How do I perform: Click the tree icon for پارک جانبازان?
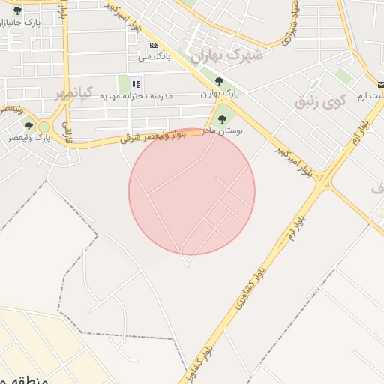coord(17,11)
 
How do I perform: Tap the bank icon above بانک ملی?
coord(154,45)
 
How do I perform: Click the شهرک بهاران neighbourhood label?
coord(226,55)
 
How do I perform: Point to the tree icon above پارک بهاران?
coord(219,81)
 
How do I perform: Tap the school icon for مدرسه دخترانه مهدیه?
coord(136,84)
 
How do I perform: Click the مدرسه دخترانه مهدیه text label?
coord(141,96)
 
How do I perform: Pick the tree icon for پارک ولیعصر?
coord(28,125)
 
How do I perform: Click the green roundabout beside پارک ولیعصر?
coord(44,127)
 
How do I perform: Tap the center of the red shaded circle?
coord(192,192)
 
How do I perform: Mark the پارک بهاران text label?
coord(219,94)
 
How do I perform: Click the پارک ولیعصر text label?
coord(30,138)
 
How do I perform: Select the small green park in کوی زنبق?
coord(343,75)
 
